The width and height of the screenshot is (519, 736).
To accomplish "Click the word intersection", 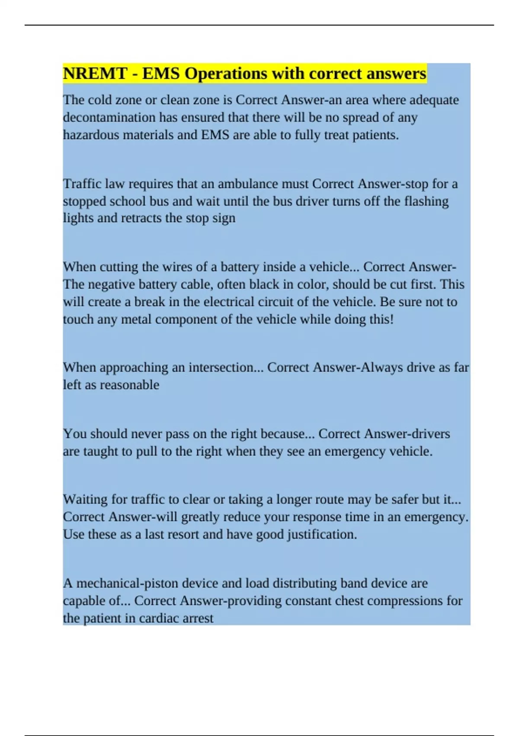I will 218,368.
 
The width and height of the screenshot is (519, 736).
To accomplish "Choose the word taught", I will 102,452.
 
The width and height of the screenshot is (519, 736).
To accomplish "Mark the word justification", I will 321,535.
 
